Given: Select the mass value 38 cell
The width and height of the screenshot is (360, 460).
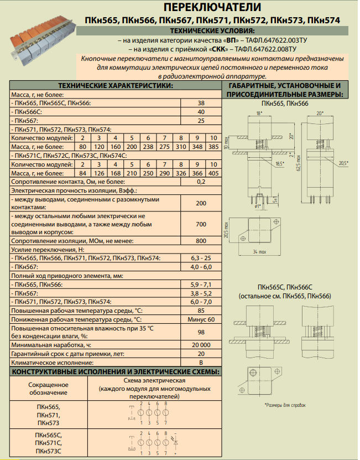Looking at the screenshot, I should pos(201,104).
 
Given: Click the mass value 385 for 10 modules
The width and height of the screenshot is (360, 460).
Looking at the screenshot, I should pos(213,147).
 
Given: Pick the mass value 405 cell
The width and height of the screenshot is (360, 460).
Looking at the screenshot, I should pos(213,173).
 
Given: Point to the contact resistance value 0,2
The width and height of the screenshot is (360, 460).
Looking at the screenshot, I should pos(201,182).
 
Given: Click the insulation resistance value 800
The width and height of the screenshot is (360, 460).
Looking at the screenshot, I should pos(201,241).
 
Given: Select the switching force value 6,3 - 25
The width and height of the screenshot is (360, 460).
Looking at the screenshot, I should pos(201,258).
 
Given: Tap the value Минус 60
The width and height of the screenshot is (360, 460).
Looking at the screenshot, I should pos(201,320).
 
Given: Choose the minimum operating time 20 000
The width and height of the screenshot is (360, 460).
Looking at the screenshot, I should pos(201,344).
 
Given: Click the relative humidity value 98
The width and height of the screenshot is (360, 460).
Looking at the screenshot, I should pos(201,332).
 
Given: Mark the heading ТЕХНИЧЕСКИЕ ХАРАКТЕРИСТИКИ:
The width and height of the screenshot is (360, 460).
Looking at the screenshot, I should pos(116,86).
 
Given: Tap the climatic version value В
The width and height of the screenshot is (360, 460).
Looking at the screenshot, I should pos(201,362).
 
